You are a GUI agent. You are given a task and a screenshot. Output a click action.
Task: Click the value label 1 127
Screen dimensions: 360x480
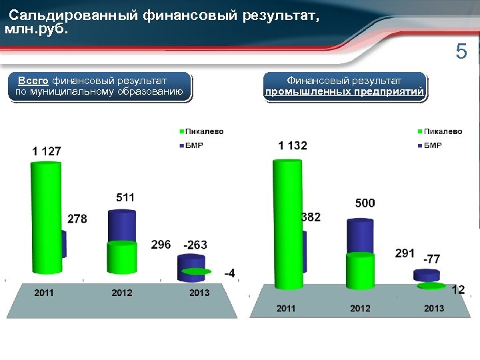tap(47, 151)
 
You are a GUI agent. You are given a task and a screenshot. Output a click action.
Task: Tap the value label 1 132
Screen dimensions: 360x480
tap(293, 145)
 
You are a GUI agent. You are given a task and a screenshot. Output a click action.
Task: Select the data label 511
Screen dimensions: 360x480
tap(125, 197)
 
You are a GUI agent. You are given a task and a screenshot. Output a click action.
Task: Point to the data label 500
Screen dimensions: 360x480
tap(365, 203)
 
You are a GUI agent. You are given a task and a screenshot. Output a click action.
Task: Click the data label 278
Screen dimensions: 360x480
tap(77, 219)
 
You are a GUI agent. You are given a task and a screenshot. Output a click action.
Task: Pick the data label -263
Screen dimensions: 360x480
tap(195, 245)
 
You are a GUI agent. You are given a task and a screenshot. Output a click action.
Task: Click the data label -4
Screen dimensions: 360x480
tap(229, 273)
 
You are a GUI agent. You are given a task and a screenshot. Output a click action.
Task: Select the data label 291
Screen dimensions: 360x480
tap(405, 253)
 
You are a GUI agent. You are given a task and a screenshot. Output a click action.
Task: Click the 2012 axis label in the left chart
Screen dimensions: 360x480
tap(122, 293)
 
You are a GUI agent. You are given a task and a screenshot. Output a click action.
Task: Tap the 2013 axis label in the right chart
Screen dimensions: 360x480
tap(434, 308)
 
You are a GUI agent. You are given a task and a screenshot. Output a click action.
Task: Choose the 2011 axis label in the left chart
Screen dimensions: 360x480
tap(44, 293)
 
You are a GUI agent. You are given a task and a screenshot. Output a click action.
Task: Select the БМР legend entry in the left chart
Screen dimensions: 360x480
tap(194, 145)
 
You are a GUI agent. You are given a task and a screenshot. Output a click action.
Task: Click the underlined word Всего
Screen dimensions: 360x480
tap(33, 80)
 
